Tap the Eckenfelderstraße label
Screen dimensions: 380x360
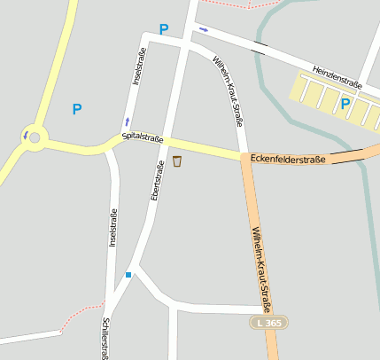pos(288,159)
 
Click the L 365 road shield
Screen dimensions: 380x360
pos(266,324)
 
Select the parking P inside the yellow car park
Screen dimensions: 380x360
pos(345,104)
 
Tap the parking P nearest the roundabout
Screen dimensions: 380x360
pos(77,109)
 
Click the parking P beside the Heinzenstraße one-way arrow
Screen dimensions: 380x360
pos(163,29)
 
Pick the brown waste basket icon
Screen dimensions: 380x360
pos(177,160)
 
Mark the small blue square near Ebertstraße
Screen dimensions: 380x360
pos(128,275)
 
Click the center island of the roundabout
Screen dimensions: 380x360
pos(35,137)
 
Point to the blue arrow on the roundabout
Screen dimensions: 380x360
pos(26,136)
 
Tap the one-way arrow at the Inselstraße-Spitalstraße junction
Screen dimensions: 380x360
pos(127,121)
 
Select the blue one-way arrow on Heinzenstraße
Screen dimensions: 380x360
pos(204,29)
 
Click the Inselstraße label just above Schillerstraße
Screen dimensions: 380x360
pos(112,228)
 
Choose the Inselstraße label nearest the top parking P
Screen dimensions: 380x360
pos(138,67)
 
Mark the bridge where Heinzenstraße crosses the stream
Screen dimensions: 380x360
pos(259,47)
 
